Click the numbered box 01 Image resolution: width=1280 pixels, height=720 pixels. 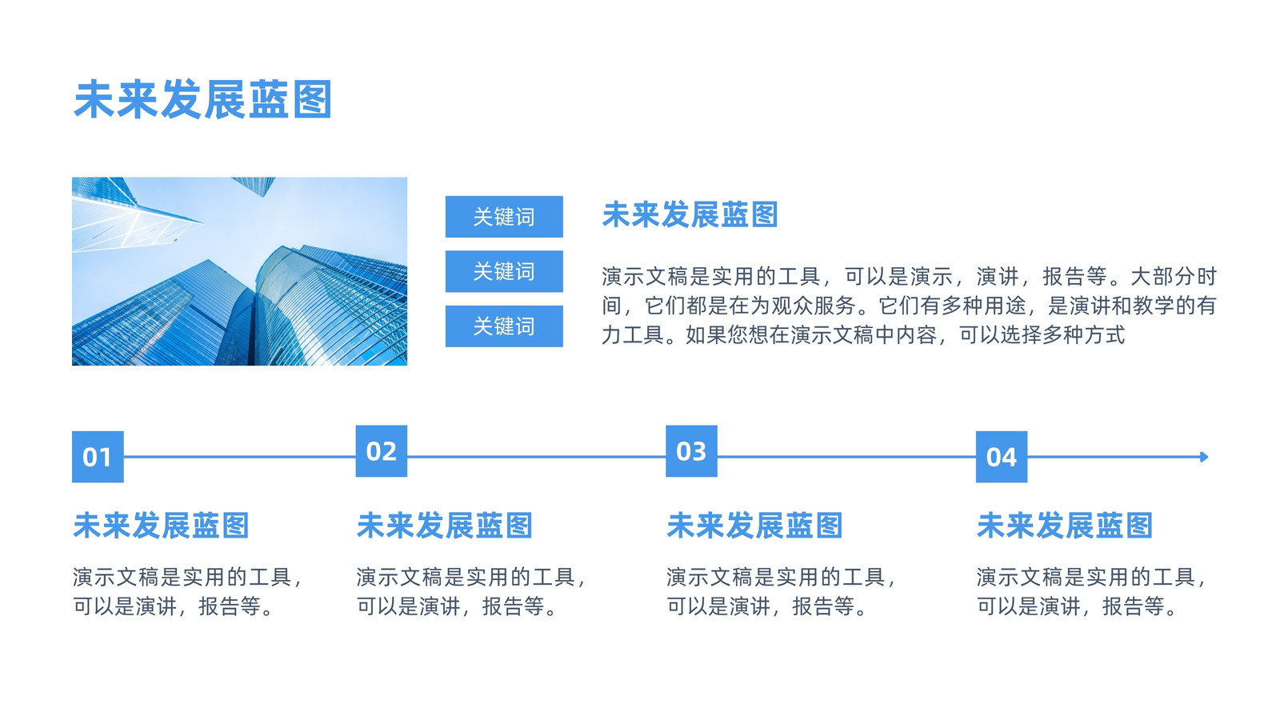point(98,457)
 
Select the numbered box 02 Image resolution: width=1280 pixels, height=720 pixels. point(381,451)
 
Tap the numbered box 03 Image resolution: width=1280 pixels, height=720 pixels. point(691,451)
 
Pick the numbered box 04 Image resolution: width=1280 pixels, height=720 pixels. point(1002,457)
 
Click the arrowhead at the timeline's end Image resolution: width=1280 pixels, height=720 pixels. point(1204,457)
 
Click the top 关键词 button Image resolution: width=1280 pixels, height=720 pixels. point(504,217)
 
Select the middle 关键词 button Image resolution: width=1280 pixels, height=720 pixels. point(504,271)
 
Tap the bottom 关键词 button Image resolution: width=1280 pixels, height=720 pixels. point(504,326)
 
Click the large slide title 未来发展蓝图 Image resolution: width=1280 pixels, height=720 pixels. point(203,99)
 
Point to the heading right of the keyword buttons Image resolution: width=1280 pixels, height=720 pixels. point(690,214)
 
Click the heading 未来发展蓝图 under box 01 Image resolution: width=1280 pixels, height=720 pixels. point(161,525)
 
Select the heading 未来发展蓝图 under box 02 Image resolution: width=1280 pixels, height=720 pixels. point(445,525)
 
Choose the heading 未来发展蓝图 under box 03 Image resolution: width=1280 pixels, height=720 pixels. point(755,525)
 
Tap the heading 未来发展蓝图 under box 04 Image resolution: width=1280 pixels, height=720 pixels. point(1065,525)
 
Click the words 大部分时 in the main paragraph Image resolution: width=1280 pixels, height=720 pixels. point(1174,277)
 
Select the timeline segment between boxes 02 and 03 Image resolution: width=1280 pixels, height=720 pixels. point(537,457)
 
